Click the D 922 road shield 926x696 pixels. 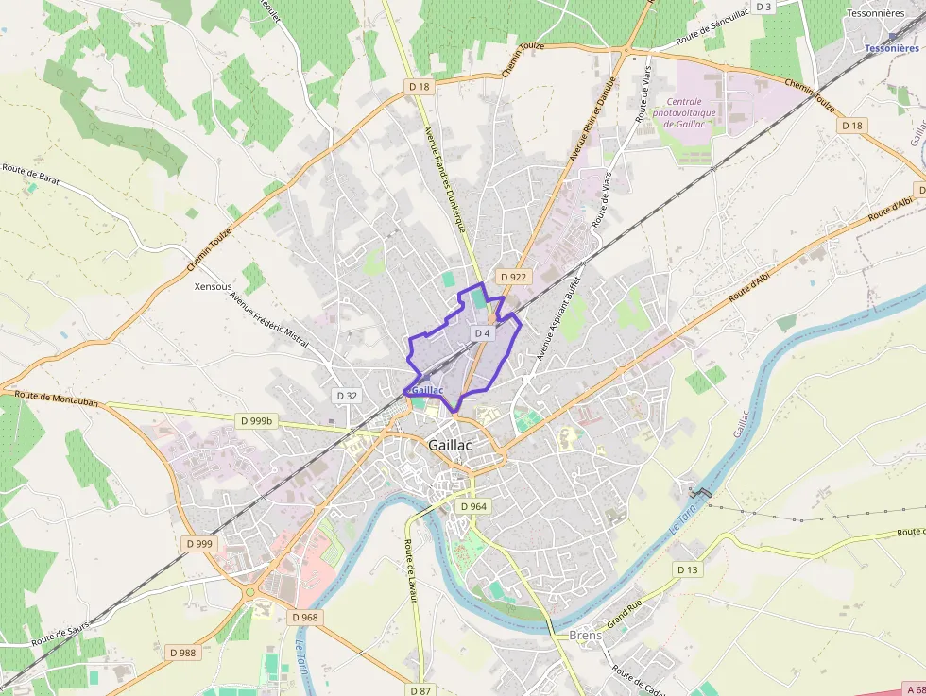(x=513, y=277)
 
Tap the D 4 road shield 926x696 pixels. (x=483, y=333)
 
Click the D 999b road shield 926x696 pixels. (x=256, y=421)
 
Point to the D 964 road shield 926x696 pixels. (x=474, y=506)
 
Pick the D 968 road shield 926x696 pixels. (x=305, y=618)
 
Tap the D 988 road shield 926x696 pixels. (x=182, y=653)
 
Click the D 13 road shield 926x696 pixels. (x=687, y=569)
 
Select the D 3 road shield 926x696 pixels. (x=763, y=8)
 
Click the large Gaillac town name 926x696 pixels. (x=450, y=445)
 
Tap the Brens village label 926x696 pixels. (x=586, y=636)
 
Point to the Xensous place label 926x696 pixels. (x=213, y=286)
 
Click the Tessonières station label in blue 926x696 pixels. (x=892, y=48)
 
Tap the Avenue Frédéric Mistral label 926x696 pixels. (x=269, y=317)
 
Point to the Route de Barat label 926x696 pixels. (x=33, y=176)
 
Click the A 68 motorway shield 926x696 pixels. (x=914, y=689)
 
